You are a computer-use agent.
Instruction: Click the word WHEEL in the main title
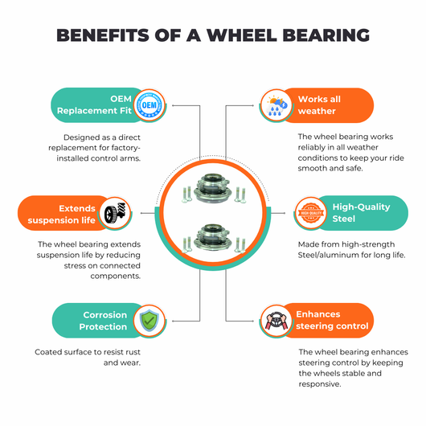click(241, 35)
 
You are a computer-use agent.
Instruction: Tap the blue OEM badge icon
click(150, 105)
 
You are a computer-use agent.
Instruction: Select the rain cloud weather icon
click(276, 105)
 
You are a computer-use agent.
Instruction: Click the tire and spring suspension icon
click(115, 213)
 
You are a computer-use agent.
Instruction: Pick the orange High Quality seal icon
click(311, 213)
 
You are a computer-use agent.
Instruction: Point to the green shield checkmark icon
click(150, 321)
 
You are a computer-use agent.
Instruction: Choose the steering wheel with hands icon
click(276, 321)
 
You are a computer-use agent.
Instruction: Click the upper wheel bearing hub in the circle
click(213, 188)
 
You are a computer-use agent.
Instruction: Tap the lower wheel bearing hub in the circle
click(213, 238)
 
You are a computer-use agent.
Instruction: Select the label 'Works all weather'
click(319, 105)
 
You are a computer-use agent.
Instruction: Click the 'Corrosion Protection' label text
click(103, 321)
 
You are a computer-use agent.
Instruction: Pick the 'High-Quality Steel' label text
click(361, 213)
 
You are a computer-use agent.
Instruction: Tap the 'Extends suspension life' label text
click(61, 214)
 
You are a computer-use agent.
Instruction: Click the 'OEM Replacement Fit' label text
click(94, 104)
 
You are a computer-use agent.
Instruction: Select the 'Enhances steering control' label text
click(332, 320)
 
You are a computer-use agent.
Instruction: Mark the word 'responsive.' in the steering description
click(320, 384)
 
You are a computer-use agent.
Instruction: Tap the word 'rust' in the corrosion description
click(133, 352)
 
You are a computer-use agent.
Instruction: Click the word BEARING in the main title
click(326, 35)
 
